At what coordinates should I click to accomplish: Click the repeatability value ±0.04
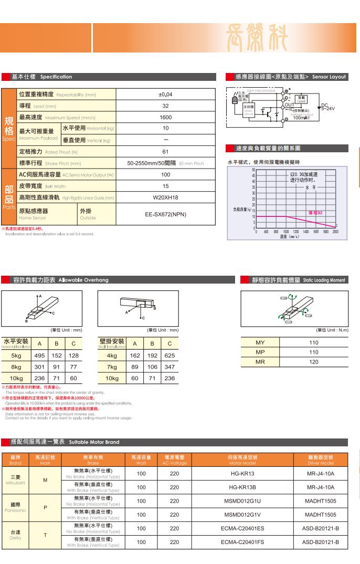click(165, 95)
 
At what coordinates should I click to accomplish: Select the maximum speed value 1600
click(165, 118)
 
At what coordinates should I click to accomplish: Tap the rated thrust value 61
click(165, 152)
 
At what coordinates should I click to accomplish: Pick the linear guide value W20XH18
click(165, 197)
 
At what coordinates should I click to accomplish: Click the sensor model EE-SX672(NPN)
click(165, 214)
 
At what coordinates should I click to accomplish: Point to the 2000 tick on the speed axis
click(335, 231)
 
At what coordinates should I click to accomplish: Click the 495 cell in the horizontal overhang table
click(39, 355)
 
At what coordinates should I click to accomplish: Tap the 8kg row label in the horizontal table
click(16, 367)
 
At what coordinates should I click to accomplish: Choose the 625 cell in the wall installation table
click(170, 355)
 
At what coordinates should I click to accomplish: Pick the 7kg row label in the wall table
click(111, 367)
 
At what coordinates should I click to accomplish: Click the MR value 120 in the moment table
click(314, 362)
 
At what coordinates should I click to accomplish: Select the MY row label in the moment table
click(260, 342)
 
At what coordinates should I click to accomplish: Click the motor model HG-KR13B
click(242, 487)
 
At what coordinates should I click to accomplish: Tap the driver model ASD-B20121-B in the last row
click(320, 542)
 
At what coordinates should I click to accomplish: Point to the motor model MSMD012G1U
click(242, 501)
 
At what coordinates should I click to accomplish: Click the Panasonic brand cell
click(15, 507)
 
